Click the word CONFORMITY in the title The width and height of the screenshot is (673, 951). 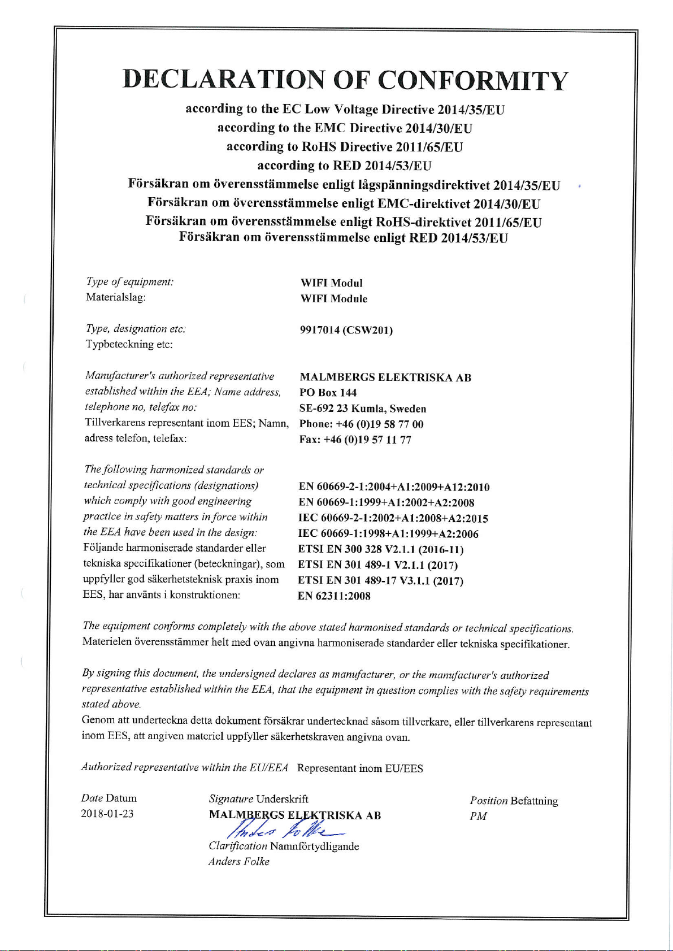[472, 80]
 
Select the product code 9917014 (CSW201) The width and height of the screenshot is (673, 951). [346, 330]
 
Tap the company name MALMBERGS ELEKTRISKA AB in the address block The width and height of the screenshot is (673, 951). [385, 377]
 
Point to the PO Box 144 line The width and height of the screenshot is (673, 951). [328, 393]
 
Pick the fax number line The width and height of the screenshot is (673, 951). [355, 440]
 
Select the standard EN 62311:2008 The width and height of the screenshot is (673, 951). [334, 596]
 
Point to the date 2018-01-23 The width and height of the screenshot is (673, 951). [107, 814]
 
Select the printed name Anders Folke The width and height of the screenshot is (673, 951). [238, 862]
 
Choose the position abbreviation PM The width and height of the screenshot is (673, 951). [478, 816]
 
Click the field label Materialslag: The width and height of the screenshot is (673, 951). [116, 297]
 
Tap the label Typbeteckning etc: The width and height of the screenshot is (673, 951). [129, 344]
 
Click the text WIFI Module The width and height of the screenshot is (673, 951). [333, 299]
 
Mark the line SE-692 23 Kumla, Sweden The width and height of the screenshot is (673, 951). [362, 409]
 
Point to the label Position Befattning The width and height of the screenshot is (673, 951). [514, 801]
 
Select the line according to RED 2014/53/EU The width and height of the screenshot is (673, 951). [344, 166]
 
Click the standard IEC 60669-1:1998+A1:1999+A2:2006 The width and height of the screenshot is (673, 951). [388, 534]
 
